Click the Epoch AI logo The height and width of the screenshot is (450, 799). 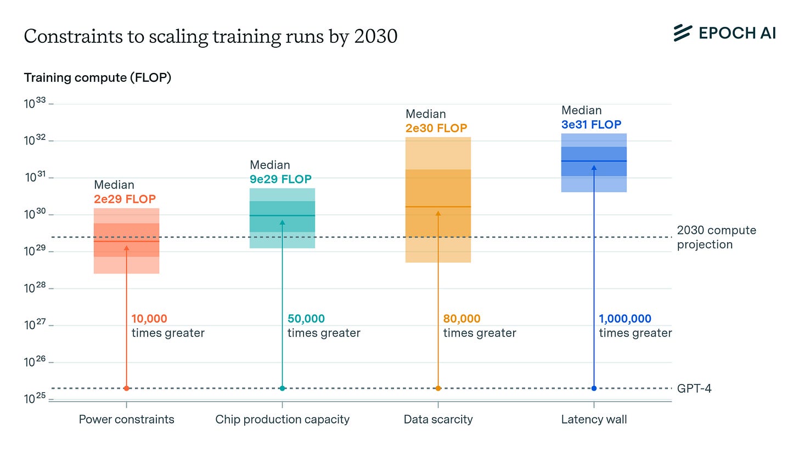(724, 33)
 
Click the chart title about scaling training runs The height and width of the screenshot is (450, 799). (211, 36)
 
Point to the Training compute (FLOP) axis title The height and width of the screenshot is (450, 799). (98, 78)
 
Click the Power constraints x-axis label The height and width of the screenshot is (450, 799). (126, 420)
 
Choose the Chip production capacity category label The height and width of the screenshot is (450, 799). (282, 420)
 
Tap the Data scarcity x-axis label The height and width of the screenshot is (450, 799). (438, 420)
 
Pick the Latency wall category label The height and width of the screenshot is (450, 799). (594, 420)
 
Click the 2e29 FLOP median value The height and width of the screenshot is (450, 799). (125, 199)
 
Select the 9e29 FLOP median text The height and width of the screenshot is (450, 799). (280, 179)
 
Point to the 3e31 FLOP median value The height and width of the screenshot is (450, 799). (591, 125)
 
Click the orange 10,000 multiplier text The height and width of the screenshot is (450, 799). (149, 319)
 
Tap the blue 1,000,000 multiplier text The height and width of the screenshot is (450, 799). (625, 319)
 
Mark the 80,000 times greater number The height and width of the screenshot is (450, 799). (462, 319)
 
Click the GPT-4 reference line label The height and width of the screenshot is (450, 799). (694, 388)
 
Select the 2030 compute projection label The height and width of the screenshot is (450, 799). (716, 237)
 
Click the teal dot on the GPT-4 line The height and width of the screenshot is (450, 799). (282, 388)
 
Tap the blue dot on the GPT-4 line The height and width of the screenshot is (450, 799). (594, 388)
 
